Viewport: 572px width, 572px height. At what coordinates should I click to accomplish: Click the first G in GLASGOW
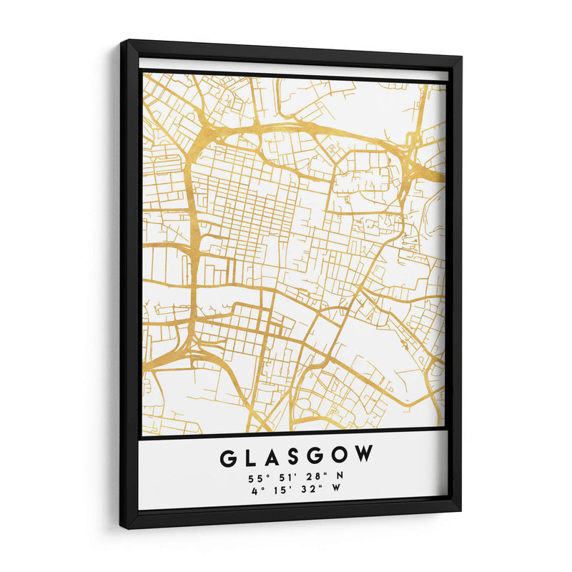tap(230, 456)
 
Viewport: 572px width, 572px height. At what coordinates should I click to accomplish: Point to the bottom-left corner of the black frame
tap(122, 528)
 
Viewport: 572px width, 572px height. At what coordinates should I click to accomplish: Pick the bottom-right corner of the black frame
tap(460, 511)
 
